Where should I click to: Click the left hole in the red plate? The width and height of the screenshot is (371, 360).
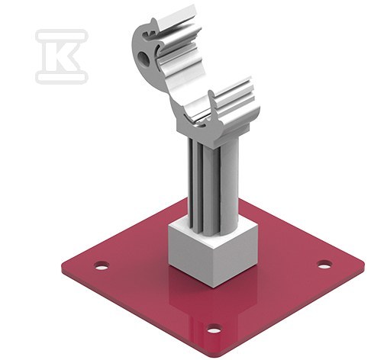point(102,266)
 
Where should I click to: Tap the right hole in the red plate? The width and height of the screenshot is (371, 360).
point(324,265)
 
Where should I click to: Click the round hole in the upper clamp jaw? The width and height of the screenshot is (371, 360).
point(144,58)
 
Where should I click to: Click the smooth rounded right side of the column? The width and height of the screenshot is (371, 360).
point(231,183)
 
